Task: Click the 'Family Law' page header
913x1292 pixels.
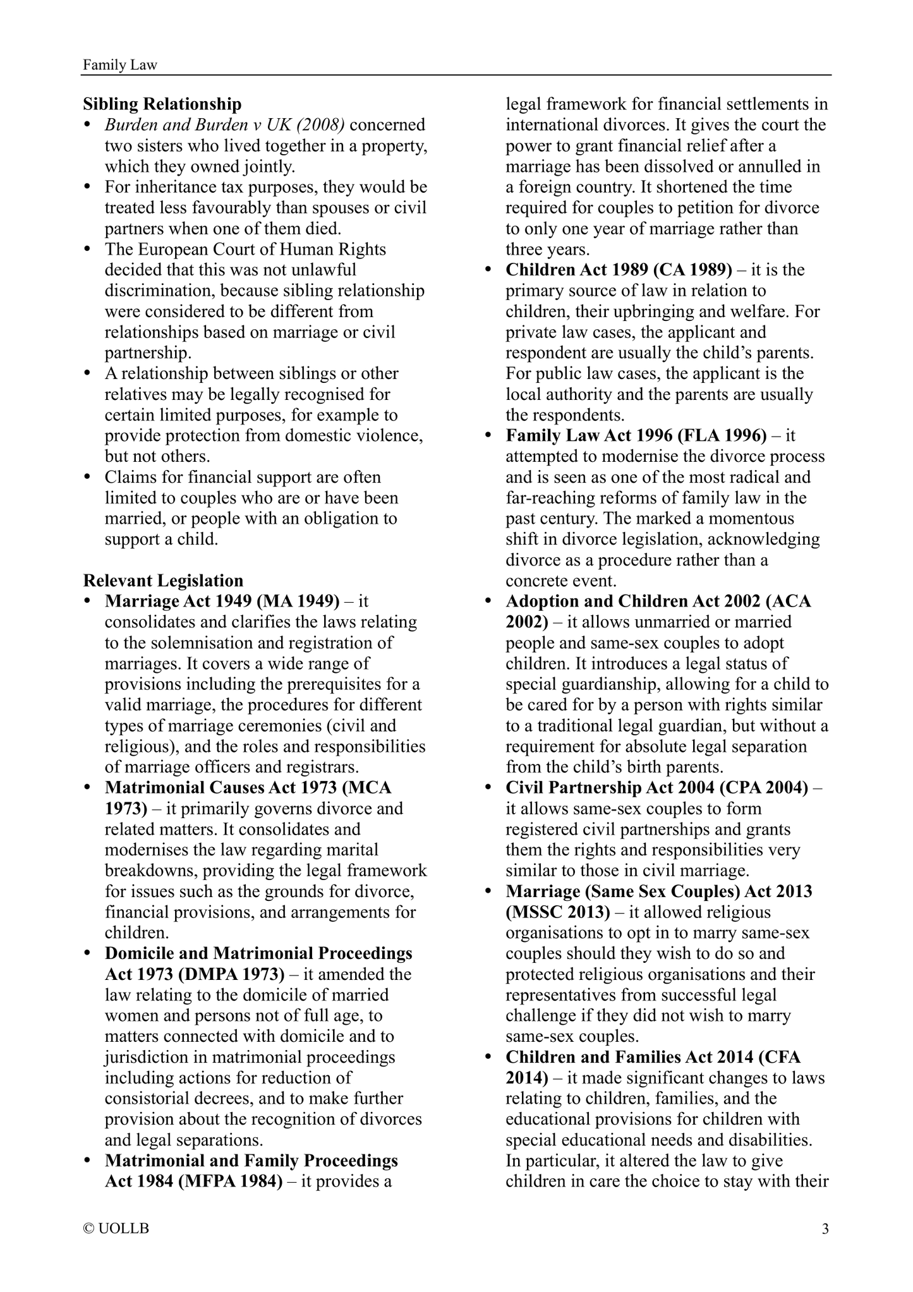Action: pos(119,64)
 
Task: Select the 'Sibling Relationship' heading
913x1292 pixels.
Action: pos(162,104)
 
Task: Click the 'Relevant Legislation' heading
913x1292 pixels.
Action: pos(163,581)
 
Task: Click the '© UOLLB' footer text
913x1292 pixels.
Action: pos(116,1229)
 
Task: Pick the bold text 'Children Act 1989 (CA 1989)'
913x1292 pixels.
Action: pos(619,270)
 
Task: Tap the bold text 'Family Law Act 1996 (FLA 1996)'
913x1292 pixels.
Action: pos(636,435)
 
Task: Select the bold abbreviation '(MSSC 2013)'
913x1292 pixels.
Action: pos(558,912)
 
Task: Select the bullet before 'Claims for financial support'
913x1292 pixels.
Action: pos(88,477)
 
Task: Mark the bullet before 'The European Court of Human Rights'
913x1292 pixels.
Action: pos(88,249)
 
